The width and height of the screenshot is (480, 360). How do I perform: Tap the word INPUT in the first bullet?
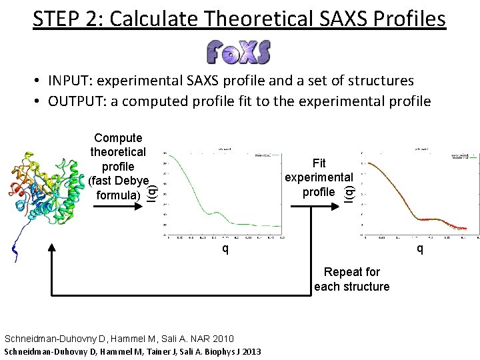[x=70, y=81]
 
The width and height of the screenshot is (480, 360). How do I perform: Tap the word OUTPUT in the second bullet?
[x=75, y=101]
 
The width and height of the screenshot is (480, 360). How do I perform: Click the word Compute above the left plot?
[x=118, y=138]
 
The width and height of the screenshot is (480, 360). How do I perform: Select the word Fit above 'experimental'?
[x=319, y=163]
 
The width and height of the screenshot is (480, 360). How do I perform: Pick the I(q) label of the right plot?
[x=349, y=191]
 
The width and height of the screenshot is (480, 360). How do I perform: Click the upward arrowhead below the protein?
[x=52, y=248]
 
